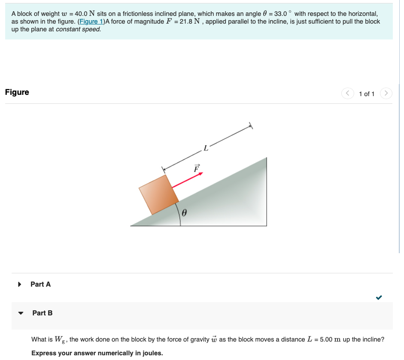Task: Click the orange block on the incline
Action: click(158, 195)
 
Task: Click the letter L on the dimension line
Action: click(206, 149)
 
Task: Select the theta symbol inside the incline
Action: click(184, 213)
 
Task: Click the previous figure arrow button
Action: click(347, 93)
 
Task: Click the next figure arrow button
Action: click(386, 93)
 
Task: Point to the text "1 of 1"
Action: click(367, 94)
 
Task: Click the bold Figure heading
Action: click(17, 92)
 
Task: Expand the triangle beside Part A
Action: click(19, 284)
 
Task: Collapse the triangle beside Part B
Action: click(20, 313)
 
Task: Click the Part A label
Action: click(40, 284)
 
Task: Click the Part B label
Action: click(43, 313)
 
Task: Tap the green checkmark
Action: click(379, 297)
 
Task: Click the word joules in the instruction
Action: click(152, 353)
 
